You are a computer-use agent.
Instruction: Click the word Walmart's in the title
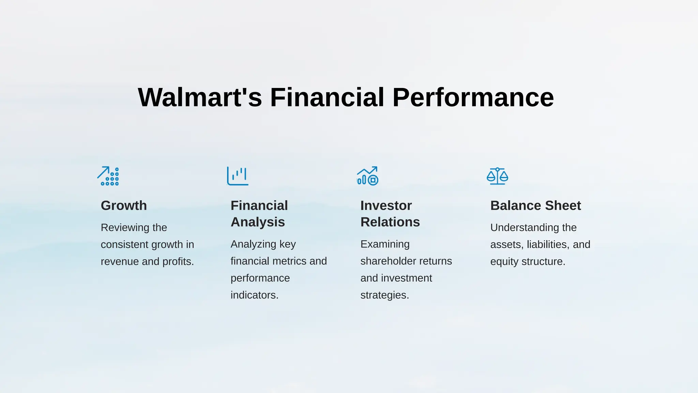tap(200, 98)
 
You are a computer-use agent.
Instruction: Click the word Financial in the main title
tap(327, 98)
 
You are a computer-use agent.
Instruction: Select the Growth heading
tap(124, 206)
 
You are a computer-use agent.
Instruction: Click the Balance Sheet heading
tap(535, 206)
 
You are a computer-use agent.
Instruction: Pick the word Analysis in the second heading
tap(258, 222)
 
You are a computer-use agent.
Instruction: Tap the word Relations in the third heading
tap(390, 222)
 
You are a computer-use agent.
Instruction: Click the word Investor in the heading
tap(386, 206)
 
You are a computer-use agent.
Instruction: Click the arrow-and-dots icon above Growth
tap(108, 176)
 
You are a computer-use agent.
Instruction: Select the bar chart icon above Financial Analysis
tap(238, 176)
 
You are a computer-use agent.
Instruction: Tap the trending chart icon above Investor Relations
tap(367, 176)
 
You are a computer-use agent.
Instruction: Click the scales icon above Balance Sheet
tap(497, 176)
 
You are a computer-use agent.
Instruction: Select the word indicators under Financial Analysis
tap(254, 295)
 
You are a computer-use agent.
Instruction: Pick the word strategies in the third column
tap(384, 295)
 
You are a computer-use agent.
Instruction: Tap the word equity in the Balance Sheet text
tap(503, 262)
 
